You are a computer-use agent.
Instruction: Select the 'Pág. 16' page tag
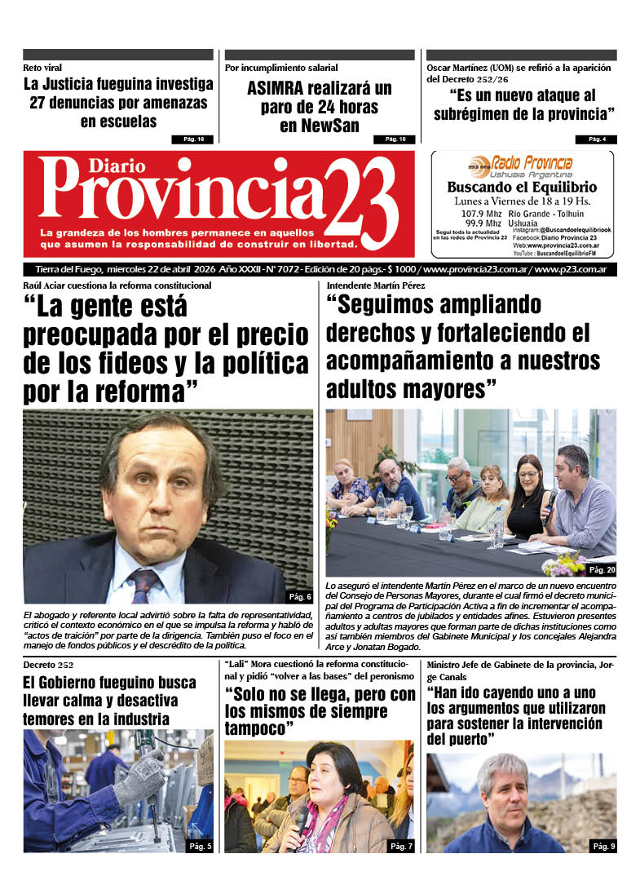click(193, 139)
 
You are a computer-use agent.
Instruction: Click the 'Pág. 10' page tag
click(395, 139)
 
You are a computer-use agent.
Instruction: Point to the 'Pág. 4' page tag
click(597, 139)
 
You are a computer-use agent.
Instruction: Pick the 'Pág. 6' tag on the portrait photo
click(299, 596)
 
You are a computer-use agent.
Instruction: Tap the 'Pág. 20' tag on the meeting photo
click(602, 569)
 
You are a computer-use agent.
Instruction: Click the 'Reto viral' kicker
click(42, 68)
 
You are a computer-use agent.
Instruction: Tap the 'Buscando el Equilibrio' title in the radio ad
click(522, 187)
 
